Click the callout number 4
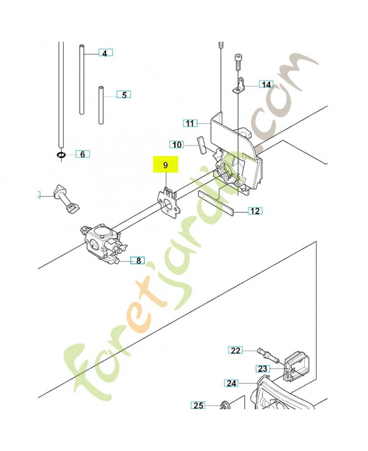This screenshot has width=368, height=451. click(x=104, y=53)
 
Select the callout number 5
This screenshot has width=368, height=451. click(x=124, y=95)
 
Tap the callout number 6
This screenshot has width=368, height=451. click(x=82, y=154)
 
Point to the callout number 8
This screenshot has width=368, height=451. click(x=137, y=260)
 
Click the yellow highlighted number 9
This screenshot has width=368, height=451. click(x=165, y=165)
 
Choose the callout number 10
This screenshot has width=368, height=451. click(x=177, y=145)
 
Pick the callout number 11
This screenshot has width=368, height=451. click(x=190, y=123)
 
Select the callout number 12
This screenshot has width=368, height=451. click(x=255, y=211)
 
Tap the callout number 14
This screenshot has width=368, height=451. click(x=266, y=85)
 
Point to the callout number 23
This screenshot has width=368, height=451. click(x=262, y=369)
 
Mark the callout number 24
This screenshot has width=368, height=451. click(x=231, y=383)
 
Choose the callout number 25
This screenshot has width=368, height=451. click(x=198, y=405)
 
